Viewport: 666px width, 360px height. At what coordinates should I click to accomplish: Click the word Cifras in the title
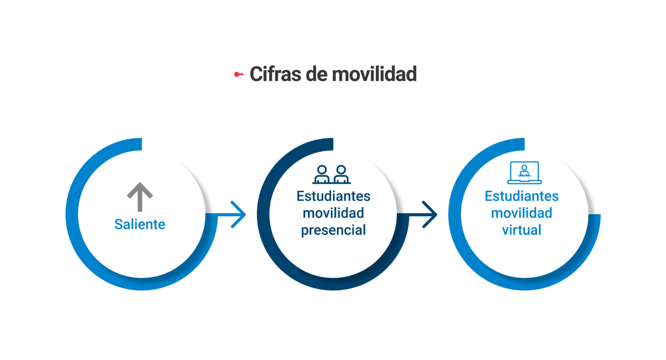tap(275, 74)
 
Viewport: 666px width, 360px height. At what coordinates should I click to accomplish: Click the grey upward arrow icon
tap(140, 196)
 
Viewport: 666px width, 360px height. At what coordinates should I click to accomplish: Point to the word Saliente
tap(140, 224)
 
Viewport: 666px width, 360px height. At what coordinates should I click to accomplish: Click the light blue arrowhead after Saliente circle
tap(238, 215)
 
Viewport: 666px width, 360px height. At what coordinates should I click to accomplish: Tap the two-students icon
tap(332, 174)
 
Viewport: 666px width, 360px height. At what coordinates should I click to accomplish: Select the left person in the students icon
tap(322, 174)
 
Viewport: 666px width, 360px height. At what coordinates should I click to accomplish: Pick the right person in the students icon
tap(341, 174)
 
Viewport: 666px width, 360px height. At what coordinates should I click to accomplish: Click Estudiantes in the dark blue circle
tap(333, 196)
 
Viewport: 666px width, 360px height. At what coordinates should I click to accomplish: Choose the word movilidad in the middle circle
tap(333, 213)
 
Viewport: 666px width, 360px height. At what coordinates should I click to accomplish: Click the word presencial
tap(333, 230)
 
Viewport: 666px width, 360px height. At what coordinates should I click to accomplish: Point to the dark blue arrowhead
tap(430, 215)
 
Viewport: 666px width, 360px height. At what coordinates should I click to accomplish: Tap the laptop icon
tap(525, 173)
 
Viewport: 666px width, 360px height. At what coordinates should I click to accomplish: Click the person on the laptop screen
tap(525, 171)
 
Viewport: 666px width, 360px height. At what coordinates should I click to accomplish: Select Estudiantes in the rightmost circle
tap(522, 196)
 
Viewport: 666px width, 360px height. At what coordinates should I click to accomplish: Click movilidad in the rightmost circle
tap(522, 213)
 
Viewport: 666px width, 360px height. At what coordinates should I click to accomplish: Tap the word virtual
tap(522, 230)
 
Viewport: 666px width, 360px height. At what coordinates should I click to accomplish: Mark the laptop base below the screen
tap(525, 182)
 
